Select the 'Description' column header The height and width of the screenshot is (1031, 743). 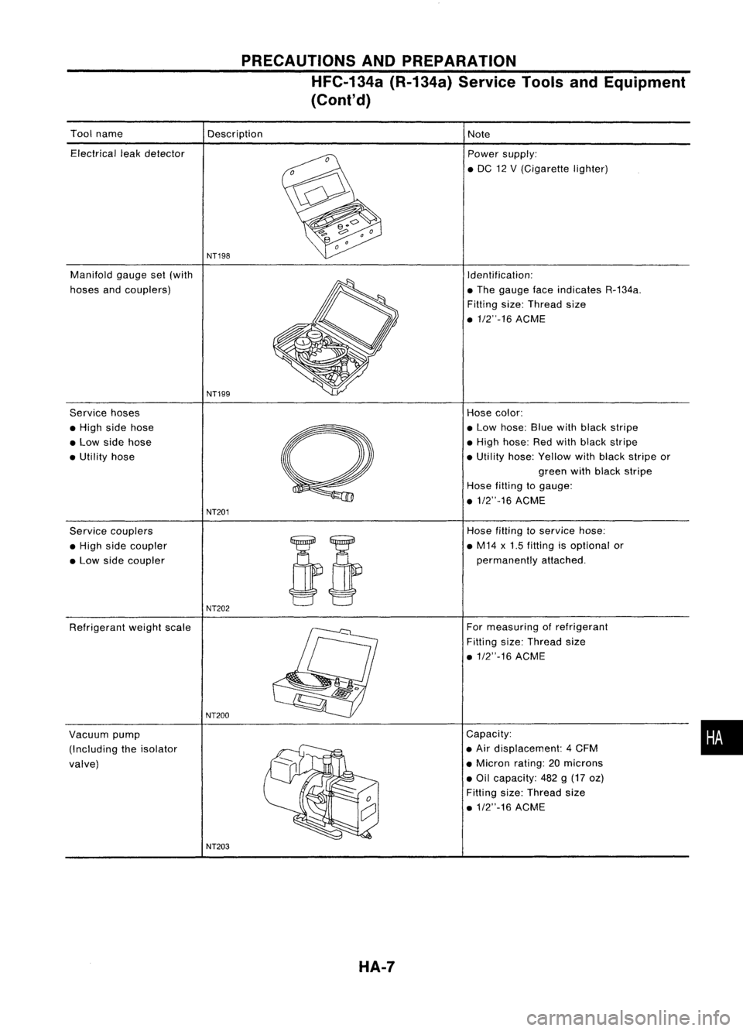coord(235,133)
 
